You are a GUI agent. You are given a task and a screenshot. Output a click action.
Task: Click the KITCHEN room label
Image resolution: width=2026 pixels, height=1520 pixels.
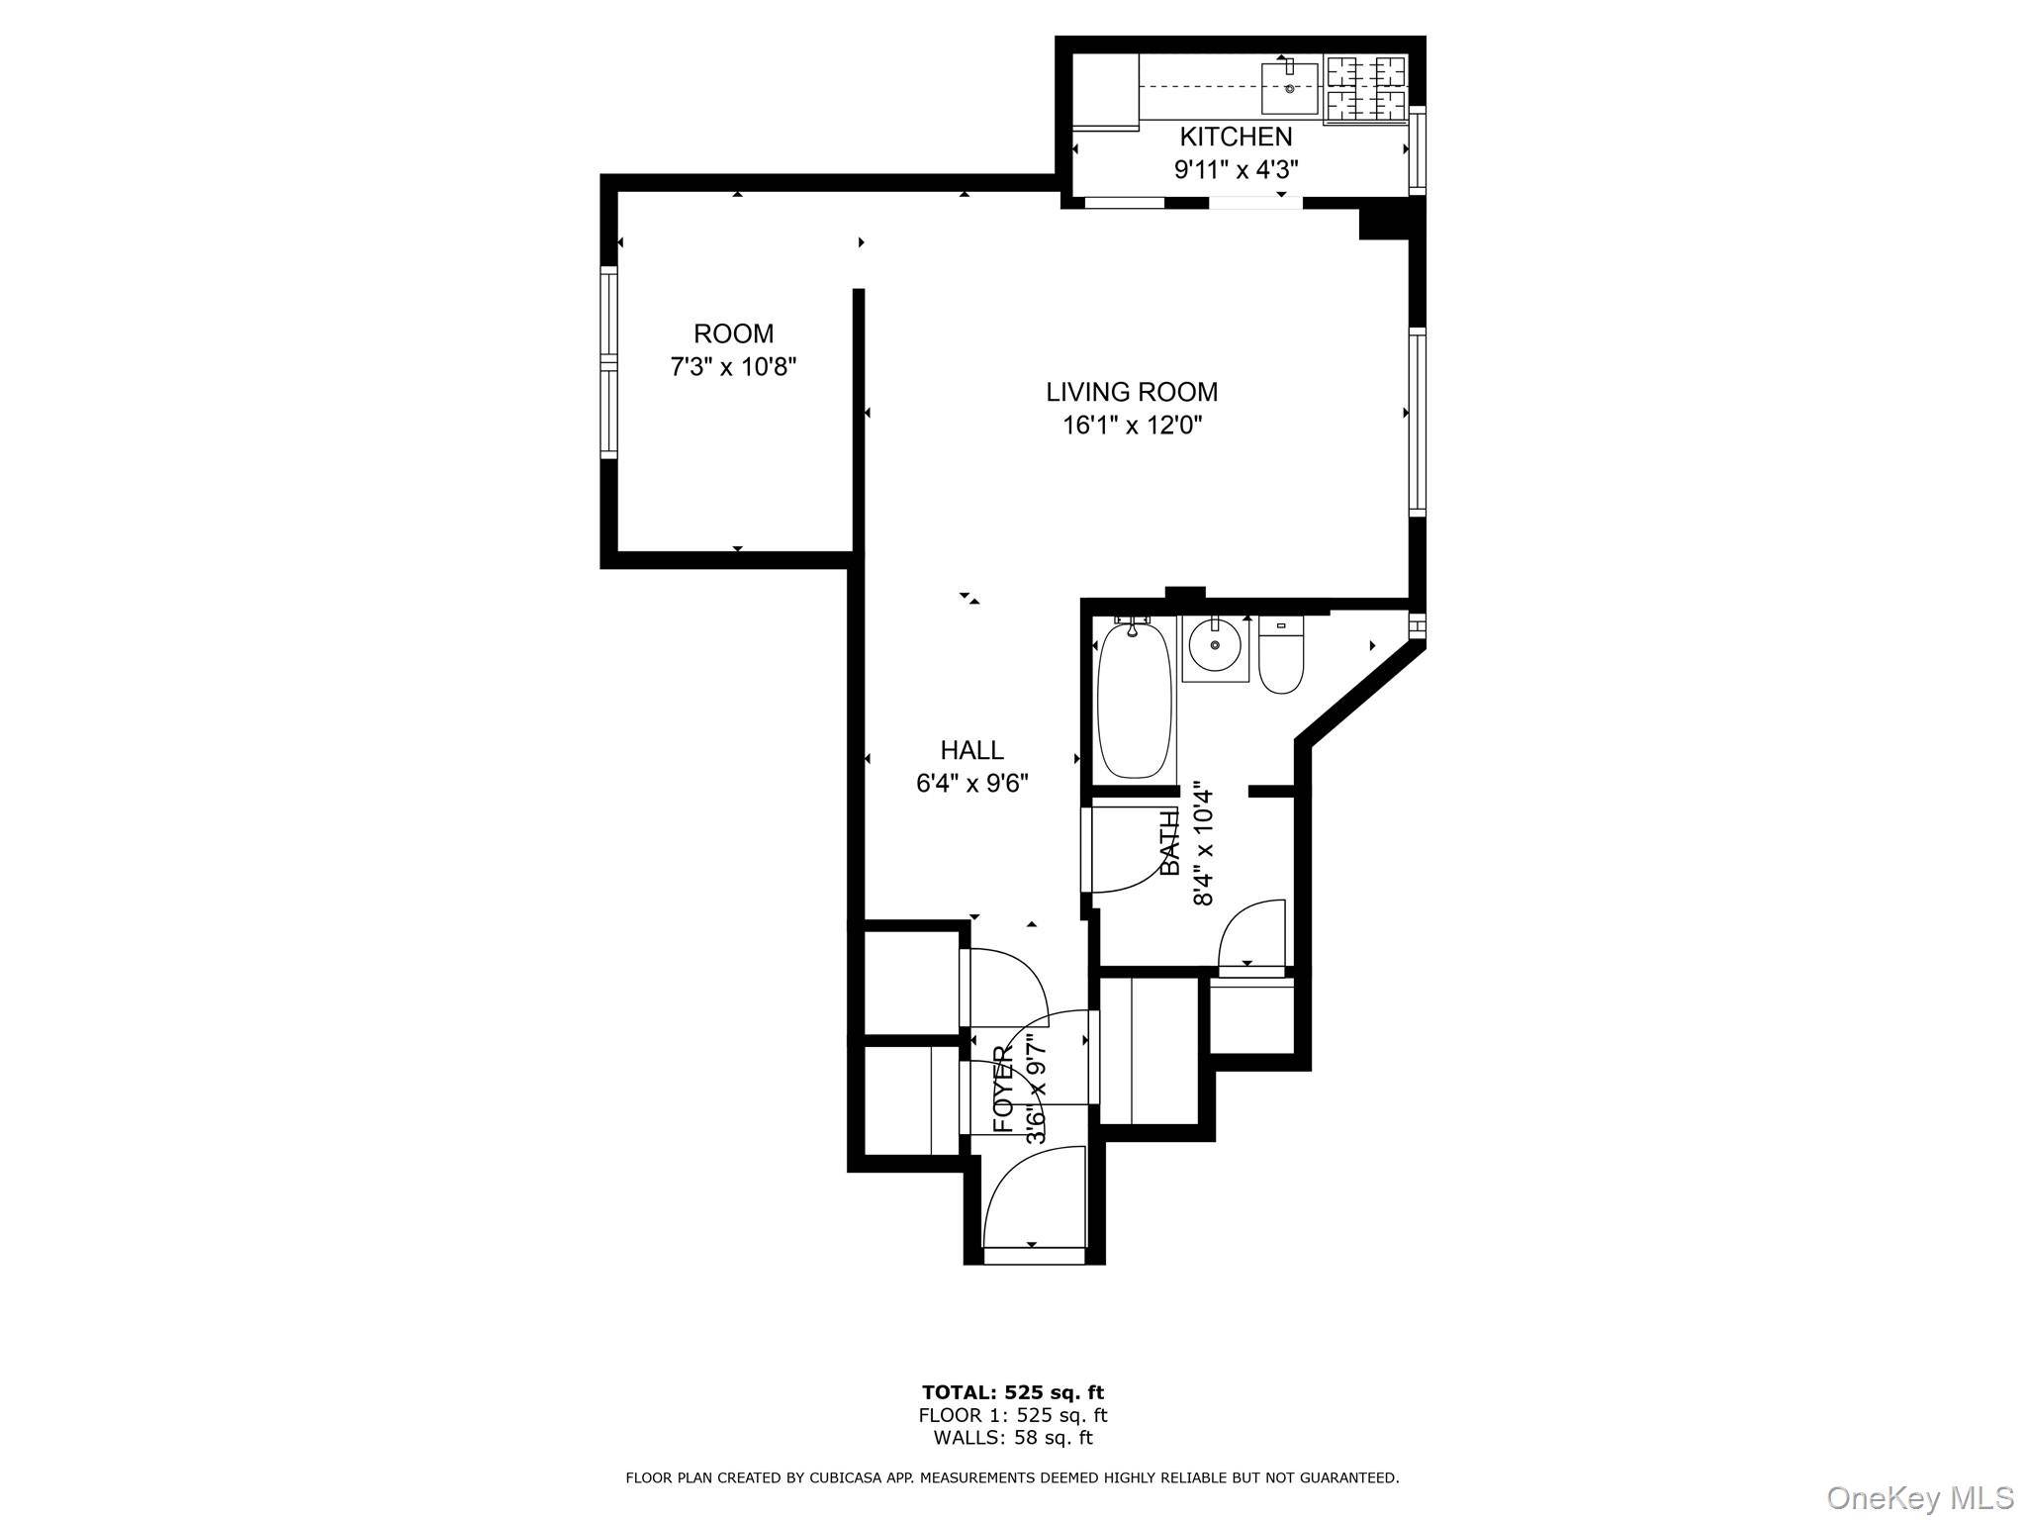pos(1235,137)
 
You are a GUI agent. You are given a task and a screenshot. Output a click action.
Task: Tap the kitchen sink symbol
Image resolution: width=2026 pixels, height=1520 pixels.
pos(1290,88)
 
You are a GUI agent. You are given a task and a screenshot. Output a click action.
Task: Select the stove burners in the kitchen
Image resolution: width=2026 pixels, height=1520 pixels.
pos(1366,87)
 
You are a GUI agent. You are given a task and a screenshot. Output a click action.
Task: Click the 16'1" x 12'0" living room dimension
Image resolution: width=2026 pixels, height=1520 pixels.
pos(1132,426)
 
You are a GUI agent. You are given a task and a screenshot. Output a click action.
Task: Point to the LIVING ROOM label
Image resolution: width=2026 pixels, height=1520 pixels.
pos(1132,392)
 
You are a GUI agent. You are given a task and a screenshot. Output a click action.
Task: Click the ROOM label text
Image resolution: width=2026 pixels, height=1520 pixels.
pos(733,333)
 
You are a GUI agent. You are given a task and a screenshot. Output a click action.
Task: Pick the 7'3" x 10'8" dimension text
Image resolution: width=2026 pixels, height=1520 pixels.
pos(733,367)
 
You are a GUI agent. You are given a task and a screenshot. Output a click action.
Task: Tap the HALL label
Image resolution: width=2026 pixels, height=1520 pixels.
pos(971,750)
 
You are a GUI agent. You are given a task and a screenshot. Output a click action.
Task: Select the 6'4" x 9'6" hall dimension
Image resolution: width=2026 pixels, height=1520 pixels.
pos(971,784)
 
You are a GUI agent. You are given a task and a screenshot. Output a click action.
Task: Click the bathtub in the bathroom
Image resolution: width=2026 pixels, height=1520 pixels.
pos(1135,700)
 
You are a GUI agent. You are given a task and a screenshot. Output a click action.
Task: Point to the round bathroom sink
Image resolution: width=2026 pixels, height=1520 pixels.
pos(1215,647)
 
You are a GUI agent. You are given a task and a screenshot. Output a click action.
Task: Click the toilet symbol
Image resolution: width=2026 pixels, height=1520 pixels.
pos(1282,655)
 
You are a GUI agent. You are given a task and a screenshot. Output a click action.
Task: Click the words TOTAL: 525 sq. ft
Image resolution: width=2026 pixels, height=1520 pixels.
pos(1012,1393)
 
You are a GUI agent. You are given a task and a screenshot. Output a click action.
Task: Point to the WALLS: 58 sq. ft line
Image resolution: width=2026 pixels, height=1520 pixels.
pos(1012,1438)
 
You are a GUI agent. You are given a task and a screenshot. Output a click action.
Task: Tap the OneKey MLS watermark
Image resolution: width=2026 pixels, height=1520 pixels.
pos(1919,1496)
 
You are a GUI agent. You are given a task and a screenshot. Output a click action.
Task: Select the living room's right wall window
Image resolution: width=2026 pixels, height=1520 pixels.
pos(1418,422)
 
